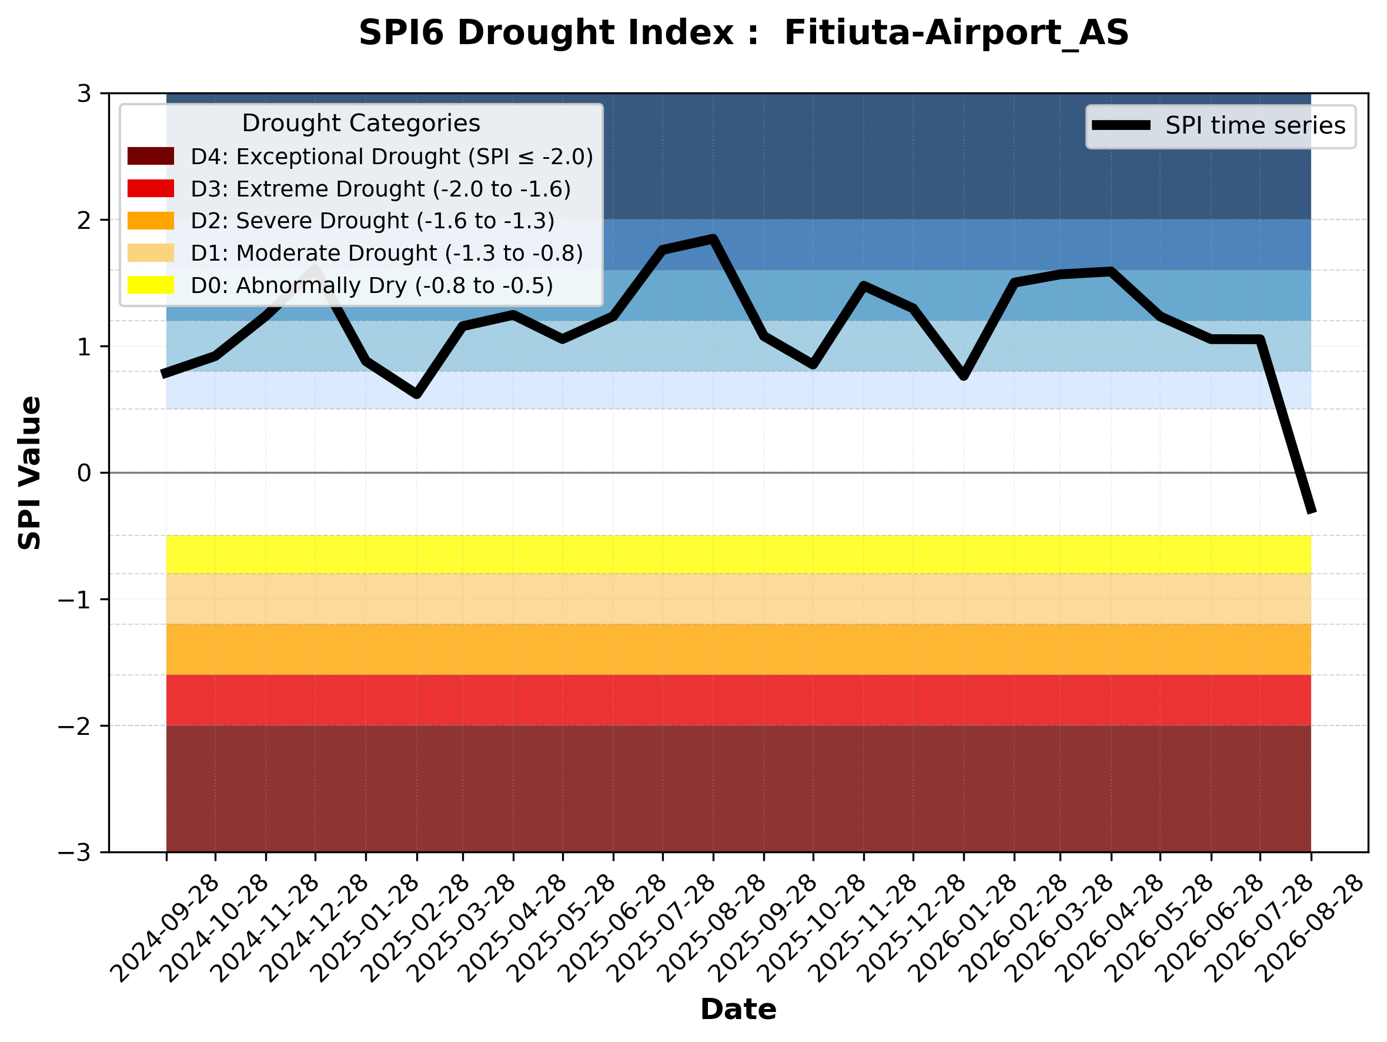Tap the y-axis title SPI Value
[x=29, y=473]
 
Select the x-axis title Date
[x=738, y=1010]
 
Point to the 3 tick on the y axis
[x=84, y=94]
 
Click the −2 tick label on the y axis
[x=75, y=726]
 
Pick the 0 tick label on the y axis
[x=84, y=473]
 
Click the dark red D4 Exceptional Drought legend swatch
[x=151, y=156]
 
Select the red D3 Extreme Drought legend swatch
[x=151, y=188]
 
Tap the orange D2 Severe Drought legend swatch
[x=151, y=221]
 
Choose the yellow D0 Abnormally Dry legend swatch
[x=151, y=285]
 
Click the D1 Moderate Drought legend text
[x=387, y=253]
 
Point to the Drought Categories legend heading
[x=361, y=123]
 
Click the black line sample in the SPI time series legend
[x=1121, y=125]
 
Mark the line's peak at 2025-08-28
[x=713, y=238]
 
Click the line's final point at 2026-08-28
[x=1311, y=512]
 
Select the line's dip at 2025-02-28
[x=417, y=395]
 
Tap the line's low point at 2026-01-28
[x=964, y=376]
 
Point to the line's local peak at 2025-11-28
[x=864, y=286]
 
